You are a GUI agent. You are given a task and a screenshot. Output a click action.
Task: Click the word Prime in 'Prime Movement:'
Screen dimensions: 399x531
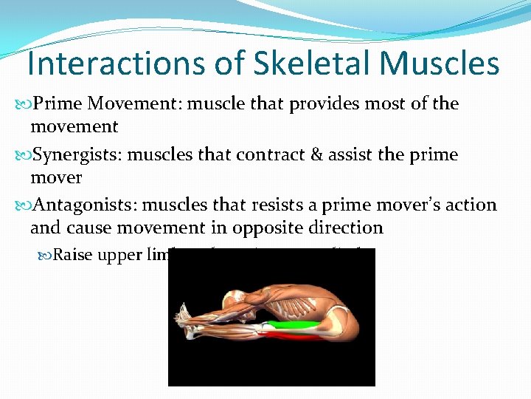(54, 103)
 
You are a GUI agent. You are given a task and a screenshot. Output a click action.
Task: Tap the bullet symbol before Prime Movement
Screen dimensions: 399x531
(21, 104)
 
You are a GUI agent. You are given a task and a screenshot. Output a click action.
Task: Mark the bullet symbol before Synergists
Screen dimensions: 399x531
(21, 155)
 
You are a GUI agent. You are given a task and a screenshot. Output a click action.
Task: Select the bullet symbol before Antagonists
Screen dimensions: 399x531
(21, 205)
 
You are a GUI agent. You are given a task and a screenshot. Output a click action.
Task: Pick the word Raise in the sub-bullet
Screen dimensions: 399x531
(72, 256)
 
